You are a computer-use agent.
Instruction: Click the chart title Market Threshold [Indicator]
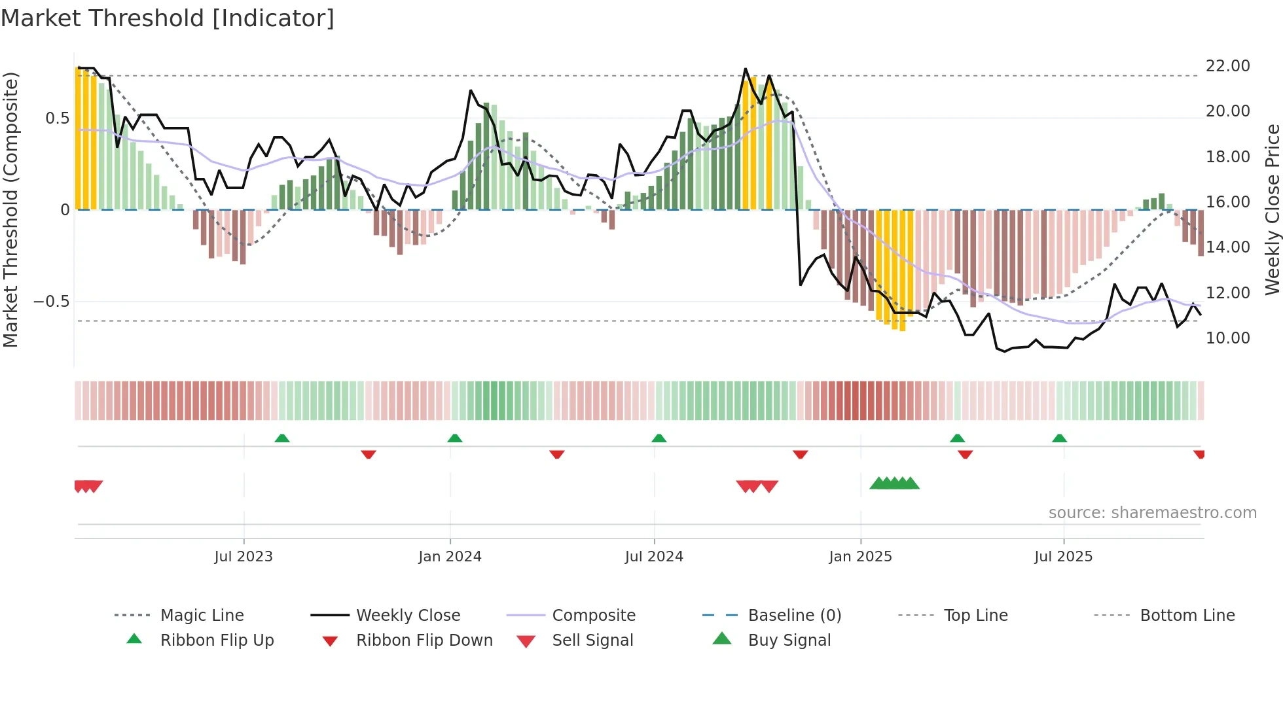tap(168, 18)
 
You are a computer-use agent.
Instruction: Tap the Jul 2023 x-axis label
tap(244, 557)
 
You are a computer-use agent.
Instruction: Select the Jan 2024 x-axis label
tap(450, 557)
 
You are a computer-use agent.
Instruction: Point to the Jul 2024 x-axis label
tap(654, 557)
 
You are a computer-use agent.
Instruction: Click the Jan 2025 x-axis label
tap(860, 557)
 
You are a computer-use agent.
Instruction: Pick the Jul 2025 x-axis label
tap(1064, 557)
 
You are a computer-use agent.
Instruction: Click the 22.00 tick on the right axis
tap(1227, 66)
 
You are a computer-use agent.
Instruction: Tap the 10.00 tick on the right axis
tap(1227, 338)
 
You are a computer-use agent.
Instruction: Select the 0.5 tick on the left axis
tap(57, 118)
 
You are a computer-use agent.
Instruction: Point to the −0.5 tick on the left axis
tap(51, 302)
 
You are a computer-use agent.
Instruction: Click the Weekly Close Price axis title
tap(1272, 209)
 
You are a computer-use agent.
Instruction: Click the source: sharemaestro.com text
tap(1152, 513)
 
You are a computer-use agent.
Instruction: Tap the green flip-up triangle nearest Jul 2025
tap(1060, 438)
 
